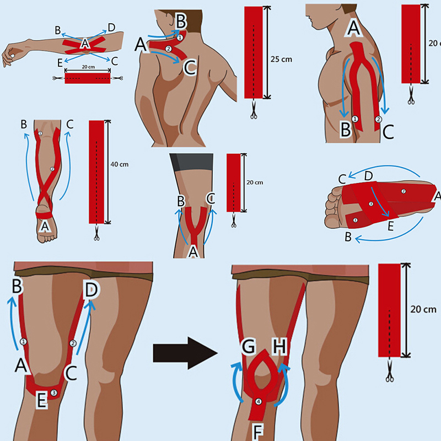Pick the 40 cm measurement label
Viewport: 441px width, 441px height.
coord(120,164)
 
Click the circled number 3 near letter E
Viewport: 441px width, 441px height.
coord(53,392)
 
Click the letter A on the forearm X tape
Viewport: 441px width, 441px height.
coord(84,44)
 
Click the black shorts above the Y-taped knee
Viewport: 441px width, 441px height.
coord(191,162)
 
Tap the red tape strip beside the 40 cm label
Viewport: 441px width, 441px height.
coord(97,171)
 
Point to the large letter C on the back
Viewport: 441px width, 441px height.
coord(189,68)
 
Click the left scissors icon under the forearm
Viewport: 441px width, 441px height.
coord(57,79)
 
